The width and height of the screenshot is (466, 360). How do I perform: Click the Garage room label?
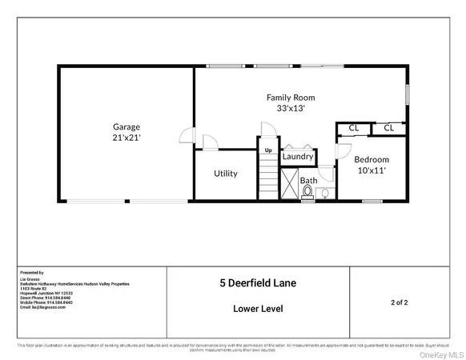tap(127, 126)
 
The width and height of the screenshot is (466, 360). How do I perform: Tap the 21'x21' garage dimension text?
tap(127, 138)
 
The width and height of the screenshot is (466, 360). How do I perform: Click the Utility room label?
tap(225, 174)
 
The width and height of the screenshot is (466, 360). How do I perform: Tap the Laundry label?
tap(297, 157)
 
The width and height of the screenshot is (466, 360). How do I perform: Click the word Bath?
tap(308, 181)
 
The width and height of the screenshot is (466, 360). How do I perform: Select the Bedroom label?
tap(372, 159)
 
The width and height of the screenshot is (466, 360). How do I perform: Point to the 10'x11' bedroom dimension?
tap(372, 170)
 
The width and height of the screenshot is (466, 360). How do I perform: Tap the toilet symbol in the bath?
tap(307, 192)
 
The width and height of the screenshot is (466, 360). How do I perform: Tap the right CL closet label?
tap(388, 127)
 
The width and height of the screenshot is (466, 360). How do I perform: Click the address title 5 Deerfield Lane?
tap(257, 282)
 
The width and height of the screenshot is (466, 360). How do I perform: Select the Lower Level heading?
tap(257, 308)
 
